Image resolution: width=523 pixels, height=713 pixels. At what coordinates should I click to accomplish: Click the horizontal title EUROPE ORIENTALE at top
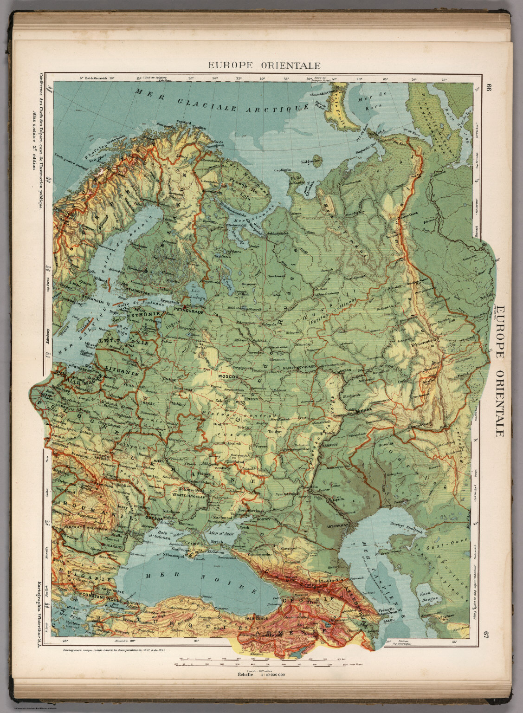pos(264,65)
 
